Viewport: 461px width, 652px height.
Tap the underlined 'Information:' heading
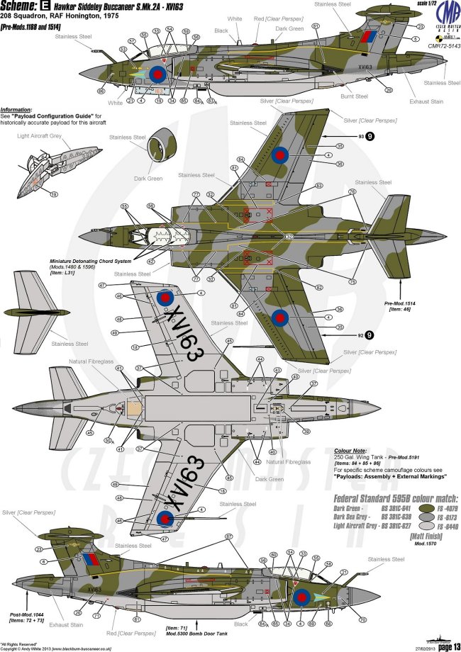click(19, 110)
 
